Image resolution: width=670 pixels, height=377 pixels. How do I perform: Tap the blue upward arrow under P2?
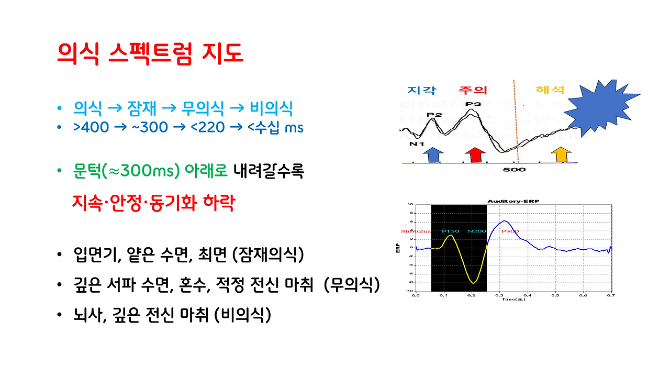(432, 154)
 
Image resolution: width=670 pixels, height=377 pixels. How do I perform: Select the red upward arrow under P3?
(475, 154)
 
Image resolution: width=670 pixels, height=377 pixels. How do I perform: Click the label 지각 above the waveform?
(422, 90)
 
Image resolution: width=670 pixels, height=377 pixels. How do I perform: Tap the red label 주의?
(473, 90)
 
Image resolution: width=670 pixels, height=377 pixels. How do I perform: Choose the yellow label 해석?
(550, 90)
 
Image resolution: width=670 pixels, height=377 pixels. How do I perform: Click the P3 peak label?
(473, 104)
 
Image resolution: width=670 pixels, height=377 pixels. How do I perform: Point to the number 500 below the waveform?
(515, 170)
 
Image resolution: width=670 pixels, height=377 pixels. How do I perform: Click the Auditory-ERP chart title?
(513, 201)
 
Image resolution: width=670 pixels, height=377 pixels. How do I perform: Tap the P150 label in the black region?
(450, 231)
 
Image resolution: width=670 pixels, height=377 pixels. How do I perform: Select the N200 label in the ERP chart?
(476, 231)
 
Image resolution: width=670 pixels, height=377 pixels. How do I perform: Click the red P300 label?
(510, 231)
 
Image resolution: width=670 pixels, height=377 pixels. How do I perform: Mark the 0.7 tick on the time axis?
(610, 295)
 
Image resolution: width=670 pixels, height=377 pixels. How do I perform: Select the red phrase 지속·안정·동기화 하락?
(153, 203)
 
